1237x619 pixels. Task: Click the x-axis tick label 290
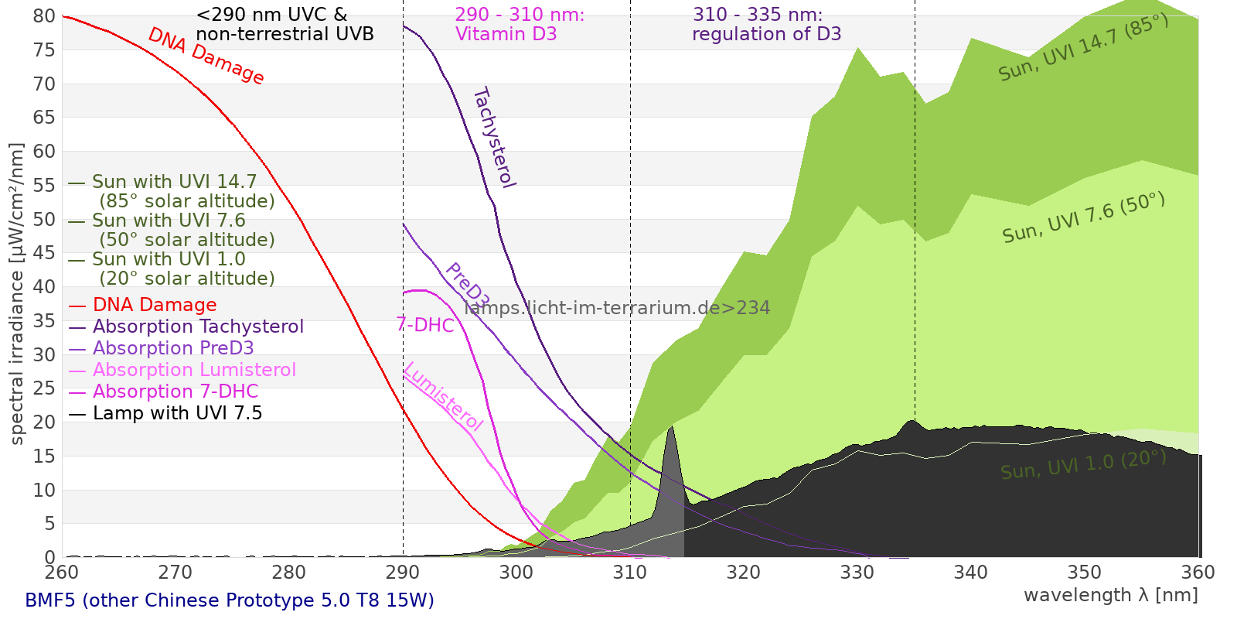(403, 573)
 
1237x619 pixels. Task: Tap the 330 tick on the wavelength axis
(857, 573)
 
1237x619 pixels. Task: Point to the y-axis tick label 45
(45, 253)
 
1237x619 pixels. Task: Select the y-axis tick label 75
(45, 50)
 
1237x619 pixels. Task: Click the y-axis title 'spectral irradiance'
(17, 294)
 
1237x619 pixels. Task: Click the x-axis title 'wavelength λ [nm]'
(1110, 595)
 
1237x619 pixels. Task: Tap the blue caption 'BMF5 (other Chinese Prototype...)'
(230, 600)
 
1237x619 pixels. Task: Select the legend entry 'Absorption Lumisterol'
(194, 370)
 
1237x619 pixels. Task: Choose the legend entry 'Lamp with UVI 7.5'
(177, 413)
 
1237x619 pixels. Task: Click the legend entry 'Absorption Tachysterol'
(198, 327)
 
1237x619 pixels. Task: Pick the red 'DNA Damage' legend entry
(155, 305)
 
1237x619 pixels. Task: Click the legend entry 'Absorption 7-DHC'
(175, 392)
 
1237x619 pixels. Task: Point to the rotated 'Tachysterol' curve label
(493, 138)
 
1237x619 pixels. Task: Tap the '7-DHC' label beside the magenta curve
(425, 325)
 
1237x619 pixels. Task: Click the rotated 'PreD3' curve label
(467, 286)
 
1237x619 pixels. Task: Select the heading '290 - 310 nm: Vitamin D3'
(520, 24)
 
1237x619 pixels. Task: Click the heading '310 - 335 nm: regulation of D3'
(766, 24)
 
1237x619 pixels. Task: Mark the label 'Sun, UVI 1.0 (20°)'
(1083, 465)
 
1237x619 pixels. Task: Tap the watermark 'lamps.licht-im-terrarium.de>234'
(617, 308)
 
